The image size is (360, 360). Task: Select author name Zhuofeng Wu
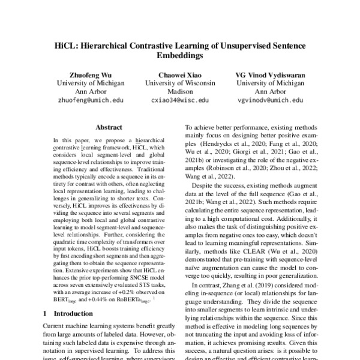pos(90,75)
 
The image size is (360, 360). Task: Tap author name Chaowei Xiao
pos(180,75)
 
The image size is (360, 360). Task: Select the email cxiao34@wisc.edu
pos(180,101)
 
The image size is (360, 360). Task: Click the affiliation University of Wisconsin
pos(180,83)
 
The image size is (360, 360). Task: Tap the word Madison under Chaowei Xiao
pos(180,92)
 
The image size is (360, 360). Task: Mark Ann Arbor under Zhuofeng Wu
pos(90,92)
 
